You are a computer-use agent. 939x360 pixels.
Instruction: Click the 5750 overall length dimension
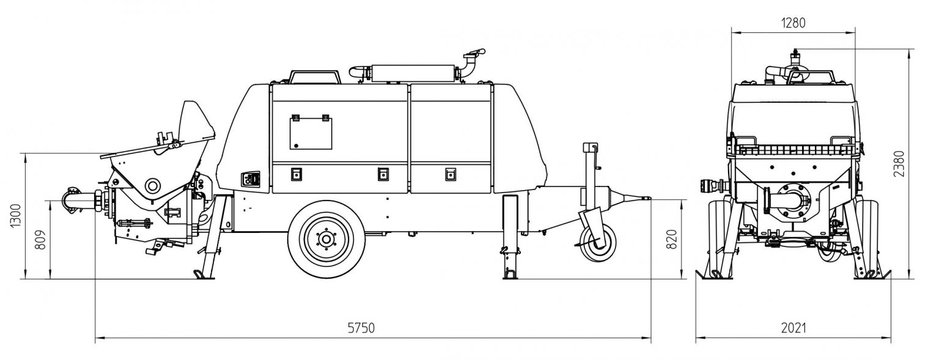(360, 328)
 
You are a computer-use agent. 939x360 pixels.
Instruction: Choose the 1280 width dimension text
(793, 23)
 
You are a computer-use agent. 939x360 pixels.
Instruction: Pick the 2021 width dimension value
(793, 328)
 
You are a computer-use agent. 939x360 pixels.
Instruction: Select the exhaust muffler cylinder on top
(413, 72)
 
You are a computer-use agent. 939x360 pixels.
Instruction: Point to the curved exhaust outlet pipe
(471, 62)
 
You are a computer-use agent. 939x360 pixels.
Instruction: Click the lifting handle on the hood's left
(315, 76)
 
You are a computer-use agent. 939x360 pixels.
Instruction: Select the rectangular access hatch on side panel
(311, 134)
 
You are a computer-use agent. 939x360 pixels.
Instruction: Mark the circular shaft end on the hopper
(151, 185)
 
